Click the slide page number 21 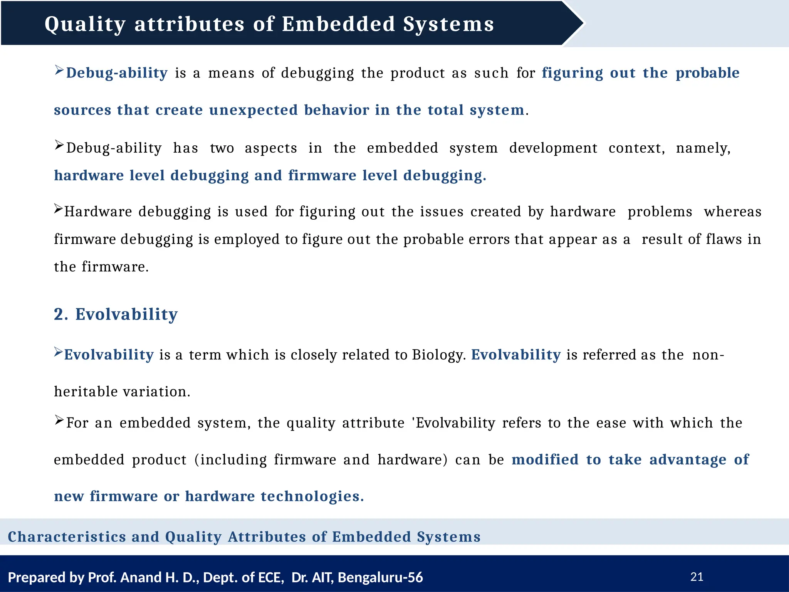tap(697, 577)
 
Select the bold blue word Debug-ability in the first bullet tap(117, 73)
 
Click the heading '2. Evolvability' tap(116, 314)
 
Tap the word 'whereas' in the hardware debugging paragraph tap(733, 212)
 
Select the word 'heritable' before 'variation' tap(86, 392)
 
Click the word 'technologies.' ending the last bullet tap(312, 496)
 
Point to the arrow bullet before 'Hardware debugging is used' tap(58, 209)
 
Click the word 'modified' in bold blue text tap(545, 459)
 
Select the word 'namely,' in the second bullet tap(703, 148)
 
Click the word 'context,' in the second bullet tap(636, 148)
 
